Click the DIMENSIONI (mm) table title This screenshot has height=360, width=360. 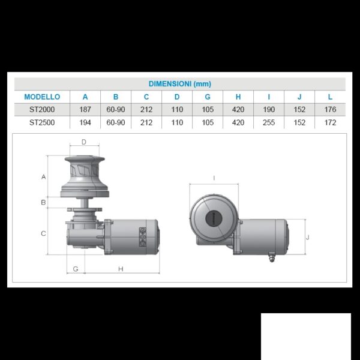coord(180,84)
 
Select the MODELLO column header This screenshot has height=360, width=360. coord(42,97)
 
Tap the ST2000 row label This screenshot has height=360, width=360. coord(42,110)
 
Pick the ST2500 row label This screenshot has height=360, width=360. coord(42,122)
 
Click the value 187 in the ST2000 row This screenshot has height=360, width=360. coord(85,110)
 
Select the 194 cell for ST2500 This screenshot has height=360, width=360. coord(85,122)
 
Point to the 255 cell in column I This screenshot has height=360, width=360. coord(269,122)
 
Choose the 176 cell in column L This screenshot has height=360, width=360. coord(330,110)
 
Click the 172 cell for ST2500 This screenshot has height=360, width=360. coord(330,122)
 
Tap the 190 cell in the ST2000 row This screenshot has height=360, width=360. coord(269,110)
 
